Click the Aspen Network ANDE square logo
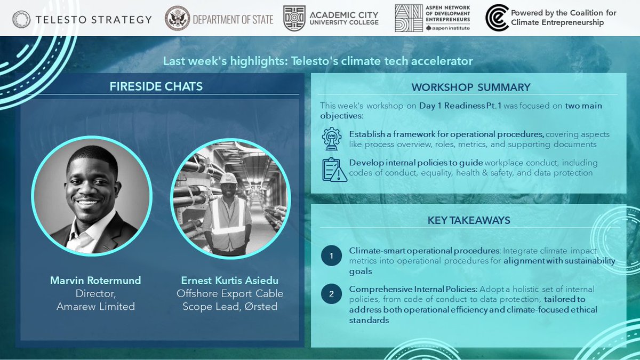(409, 18)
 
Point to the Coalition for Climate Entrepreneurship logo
(497, 18)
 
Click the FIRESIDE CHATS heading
(156, 86)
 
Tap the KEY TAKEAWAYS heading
(468, 220)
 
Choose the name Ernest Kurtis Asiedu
(230, 281)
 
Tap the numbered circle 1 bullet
(331, 256)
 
